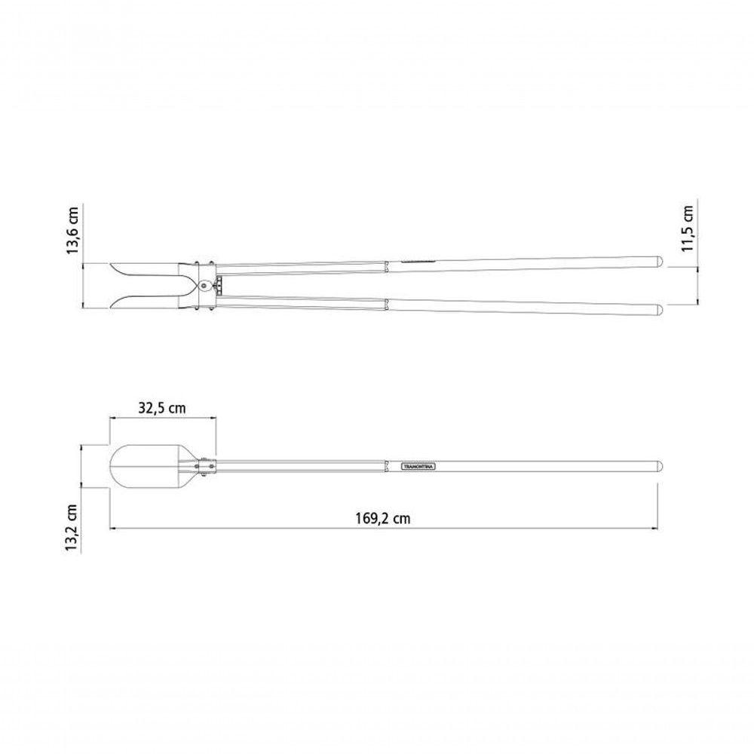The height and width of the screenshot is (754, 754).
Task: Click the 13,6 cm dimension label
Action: (72, 230)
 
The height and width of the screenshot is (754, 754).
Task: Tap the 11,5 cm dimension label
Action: (688, 228)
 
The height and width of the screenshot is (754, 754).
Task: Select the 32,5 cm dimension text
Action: (162, 408)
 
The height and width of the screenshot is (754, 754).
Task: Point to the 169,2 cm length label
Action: (383, 519)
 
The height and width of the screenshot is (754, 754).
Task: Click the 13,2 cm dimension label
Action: (72, 527)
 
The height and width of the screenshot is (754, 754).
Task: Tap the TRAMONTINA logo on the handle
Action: (418, 467)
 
